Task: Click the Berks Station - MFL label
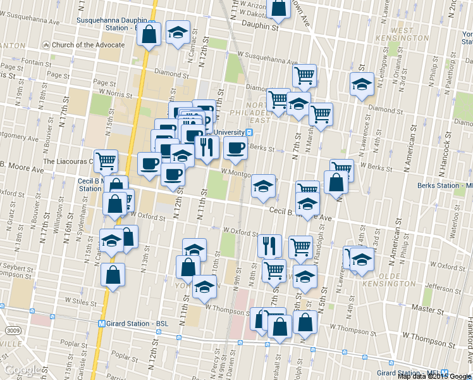point(445,186)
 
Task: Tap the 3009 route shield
point(13,331)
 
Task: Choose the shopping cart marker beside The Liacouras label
point(105,160)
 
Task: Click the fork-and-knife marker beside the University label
point(207,146)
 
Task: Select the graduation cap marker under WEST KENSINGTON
point(362,84)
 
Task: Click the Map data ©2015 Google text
point(434,376)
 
